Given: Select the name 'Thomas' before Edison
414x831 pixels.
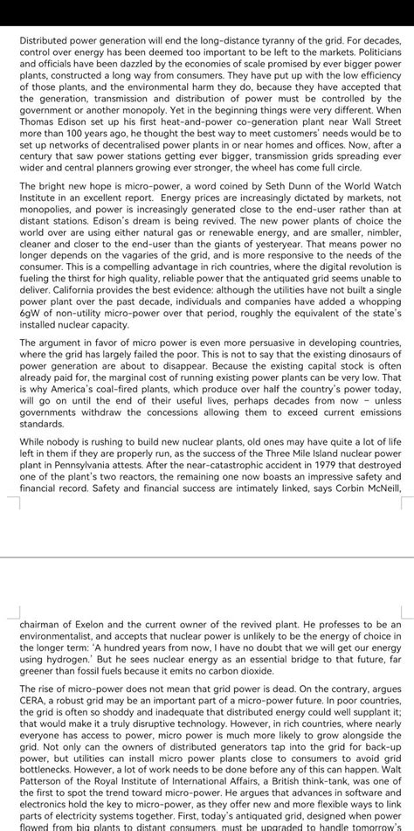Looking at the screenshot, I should (x=38, y=122).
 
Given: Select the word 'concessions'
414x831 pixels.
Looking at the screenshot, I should (x=176, y=412).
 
